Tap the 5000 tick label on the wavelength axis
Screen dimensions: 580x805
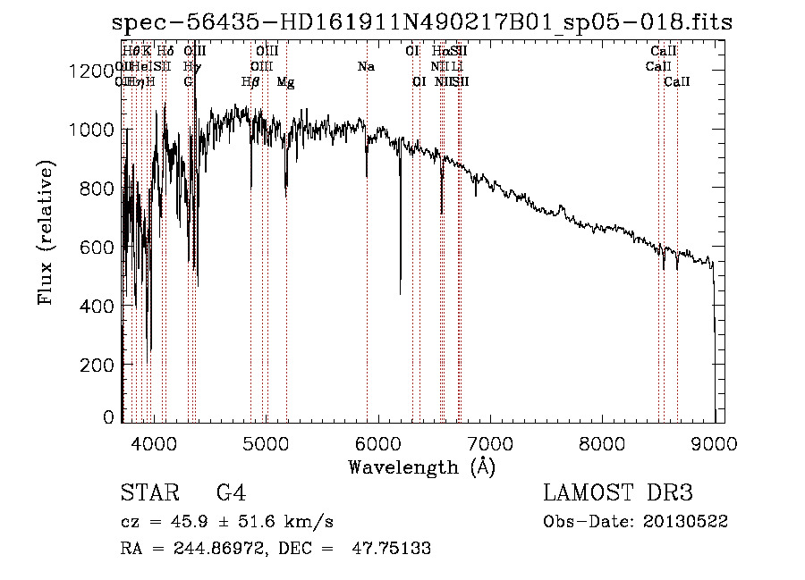(x=266, y=442)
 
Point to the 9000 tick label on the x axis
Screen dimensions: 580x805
(x=714, y=442)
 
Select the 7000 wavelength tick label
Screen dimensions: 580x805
(x=490, y=442)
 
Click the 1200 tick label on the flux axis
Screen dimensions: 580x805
(x=92, y=71)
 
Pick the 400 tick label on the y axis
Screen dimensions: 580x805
(x=98, y=307)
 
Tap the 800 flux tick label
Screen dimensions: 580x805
(x=98, y=189)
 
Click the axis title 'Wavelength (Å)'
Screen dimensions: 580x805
(x=421, y=467)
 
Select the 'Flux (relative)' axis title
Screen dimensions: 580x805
(x=47, y=232)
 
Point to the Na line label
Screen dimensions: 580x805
(x=366, y=67)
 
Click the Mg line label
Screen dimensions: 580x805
(x=285, y=82)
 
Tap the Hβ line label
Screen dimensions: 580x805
(x=250, y=82)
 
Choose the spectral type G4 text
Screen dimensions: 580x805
(x=231, y=493)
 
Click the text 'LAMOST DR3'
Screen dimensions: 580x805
(x=617, y=493)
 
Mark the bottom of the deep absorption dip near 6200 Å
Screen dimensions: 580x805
(x=400, y=293)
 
